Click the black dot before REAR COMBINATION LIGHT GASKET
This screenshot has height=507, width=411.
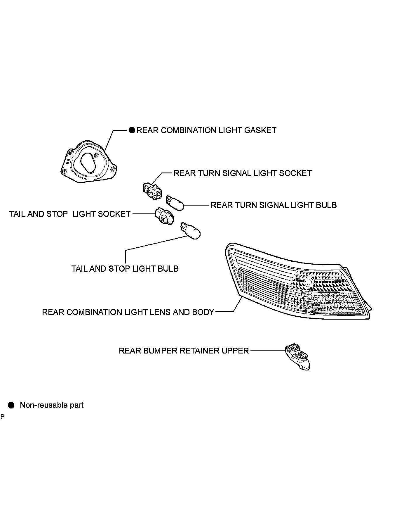point(132,130)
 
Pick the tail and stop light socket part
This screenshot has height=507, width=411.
point(164,216)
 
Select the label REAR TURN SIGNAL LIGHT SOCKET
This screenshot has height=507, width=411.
point(243,173)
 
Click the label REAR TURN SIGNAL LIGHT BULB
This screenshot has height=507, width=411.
point(274,205)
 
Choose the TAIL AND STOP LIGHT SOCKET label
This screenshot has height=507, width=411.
point(70,214)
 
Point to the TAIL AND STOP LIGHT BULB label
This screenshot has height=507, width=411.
point(125,269)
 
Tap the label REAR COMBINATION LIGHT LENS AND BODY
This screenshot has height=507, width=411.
point(128,312)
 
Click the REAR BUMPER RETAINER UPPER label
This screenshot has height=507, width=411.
point(184,351)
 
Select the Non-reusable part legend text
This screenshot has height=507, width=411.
point(52,405)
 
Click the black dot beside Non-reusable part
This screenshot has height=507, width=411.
point(11,405)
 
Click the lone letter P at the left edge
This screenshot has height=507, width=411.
point(3,417)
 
